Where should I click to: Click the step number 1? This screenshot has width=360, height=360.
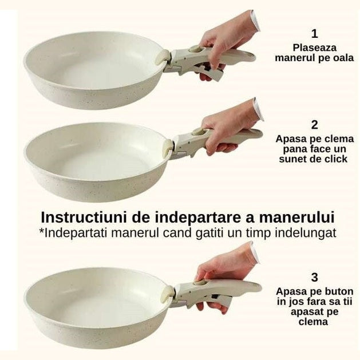coord(315,34)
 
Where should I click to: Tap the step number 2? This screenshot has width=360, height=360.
coord(315,125)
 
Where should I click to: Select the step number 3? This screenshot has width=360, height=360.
coord(315,278)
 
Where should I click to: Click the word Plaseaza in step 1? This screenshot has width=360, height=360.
coord(315,48)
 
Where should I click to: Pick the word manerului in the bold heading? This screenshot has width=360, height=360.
coord(296,217)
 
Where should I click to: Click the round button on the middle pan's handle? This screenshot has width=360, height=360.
coord(199,132)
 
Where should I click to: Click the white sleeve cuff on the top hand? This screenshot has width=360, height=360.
coord(255,21)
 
